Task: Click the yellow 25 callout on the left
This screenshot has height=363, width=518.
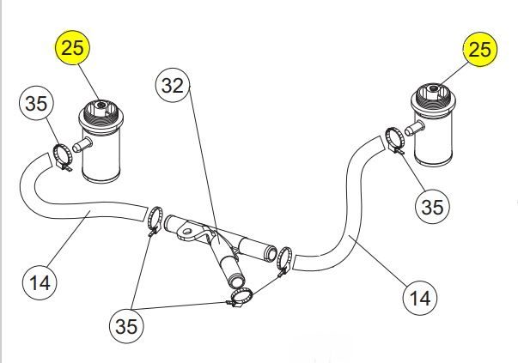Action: tap(72, 47)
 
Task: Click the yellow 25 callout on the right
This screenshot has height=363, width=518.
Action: tap(479, 50)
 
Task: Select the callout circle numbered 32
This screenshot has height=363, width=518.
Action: tap(174, 85)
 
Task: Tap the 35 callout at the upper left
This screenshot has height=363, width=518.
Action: tap(36, 103)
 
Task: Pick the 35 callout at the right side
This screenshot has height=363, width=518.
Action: tap(432, 207)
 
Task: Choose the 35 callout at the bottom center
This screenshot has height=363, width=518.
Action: tap(126, 326)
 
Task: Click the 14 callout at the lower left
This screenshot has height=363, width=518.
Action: tap(40, 282)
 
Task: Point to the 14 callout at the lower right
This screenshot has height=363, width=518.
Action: tap(420, 298)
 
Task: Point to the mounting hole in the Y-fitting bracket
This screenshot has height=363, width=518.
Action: tap(187, 231)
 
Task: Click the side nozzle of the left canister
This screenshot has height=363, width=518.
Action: tap(82, 144)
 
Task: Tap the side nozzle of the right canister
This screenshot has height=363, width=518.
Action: tap(415, 128)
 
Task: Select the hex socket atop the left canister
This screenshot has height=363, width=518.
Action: tap(101, 106)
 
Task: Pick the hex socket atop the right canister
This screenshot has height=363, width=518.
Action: tap(433, 88)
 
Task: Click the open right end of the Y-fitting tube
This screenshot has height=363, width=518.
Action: tap(271, 254)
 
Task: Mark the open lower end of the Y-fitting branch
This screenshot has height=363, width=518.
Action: tap(236, 283)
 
